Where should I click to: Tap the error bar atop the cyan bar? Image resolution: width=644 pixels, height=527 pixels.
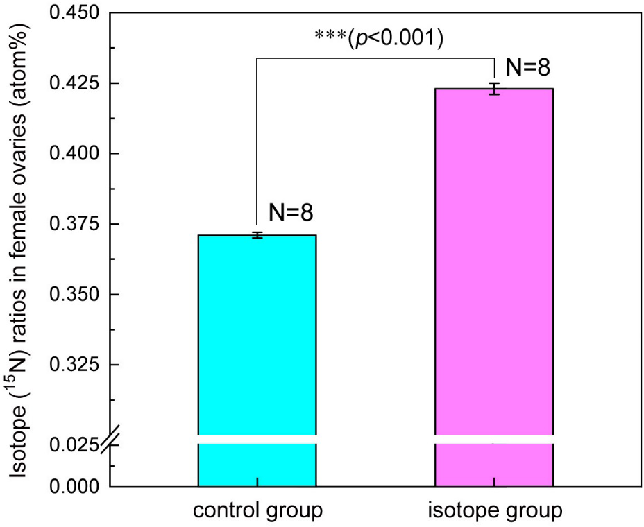257,235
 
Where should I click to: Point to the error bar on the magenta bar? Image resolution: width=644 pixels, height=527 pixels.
493,89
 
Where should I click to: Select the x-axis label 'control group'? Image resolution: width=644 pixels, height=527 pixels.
257,512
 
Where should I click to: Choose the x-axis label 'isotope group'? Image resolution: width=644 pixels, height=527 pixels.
493,512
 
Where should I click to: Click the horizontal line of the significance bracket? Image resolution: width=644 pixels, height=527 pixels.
375,58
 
